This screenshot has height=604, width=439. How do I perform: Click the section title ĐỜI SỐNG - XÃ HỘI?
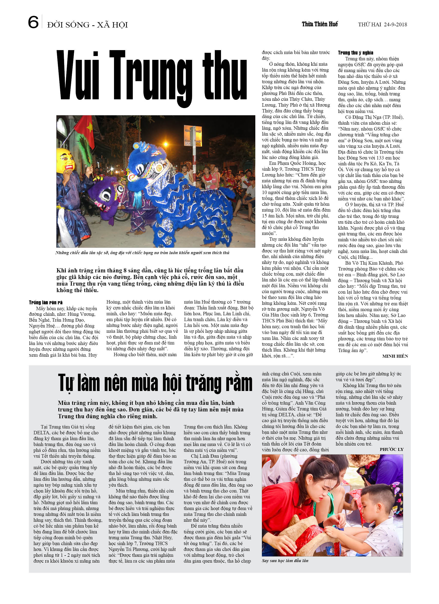coord(87,25)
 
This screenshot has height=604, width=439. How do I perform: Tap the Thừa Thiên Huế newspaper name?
coord(320,24)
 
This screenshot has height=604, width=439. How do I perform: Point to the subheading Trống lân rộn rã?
coord(46,302)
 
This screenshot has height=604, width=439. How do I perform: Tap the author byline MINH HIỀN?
coord(395,356)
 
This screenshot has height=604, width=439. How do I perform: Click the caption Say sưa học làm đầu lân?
coord(285,561)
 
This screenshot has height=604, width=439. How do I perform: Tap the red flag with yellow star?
coord(87,130)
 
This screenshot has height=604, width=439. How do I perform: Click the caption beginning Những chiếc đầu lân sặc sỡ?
coord(142,252)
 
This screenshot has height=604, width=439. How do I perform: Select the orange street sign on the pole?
coord(193,136)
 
